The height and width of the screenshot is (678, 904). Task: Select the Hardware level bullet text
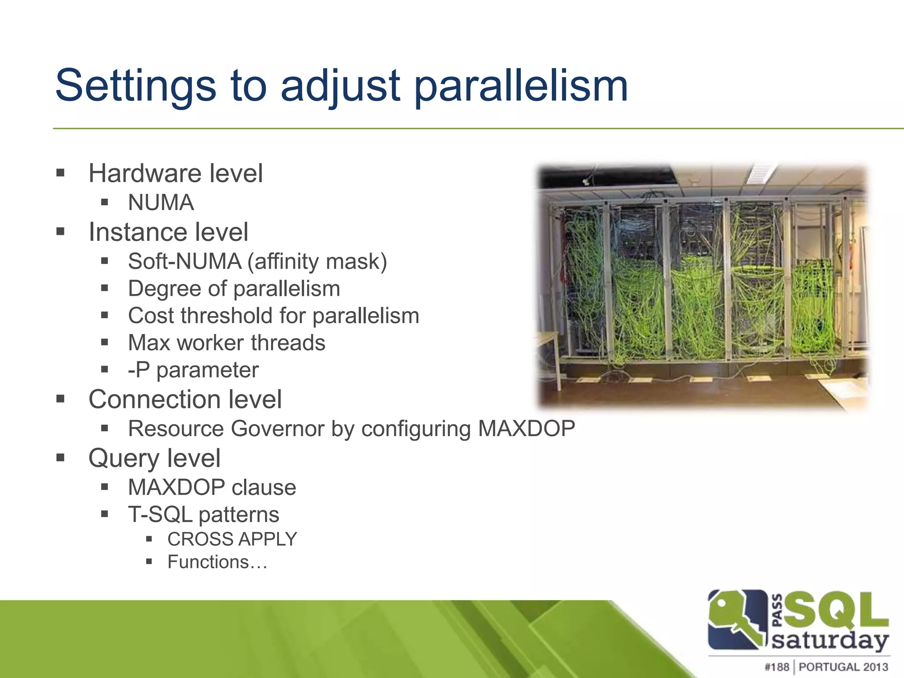(x=175, y=173)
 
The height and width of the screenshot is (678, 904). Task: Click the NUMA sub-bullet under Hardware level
(x=161, y=203)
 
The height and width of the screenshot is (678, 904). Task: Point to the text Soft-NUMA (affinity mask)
(x=257, y=261)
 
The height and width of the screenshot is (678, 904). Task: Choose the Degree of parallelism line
(x=234, y=289)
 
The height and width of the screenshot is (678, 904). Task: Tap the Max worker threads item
(x=226, y=343)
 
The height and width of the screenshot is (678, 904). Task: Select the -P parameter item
(x=193, y=370)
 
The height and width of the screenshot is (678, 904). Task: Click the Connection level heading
(x=185, y=399)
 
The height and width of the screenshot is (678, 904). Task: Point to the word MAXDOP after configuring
(x=526, y=429)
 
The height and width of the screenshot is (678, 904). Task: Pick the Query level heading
(x=154, y=458)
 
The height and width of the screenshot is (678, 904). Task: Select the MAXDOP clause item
(x=212, y=487)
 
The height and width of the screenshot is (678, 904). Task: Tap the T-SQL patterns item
(x=203, y=515)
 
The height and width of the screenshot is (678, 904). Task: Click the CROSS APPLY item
(x=232, y=539)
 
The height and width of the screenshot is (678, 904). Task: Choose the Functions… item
(x=217, y=562)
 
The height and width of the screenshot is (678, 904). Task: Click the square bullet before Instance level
(x=60, y=231)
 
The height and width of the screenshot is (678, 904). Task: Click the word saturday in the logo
(x=830, y=640)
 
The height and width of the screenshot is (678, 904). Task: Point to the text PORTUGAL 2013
(x=843, y=667)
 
